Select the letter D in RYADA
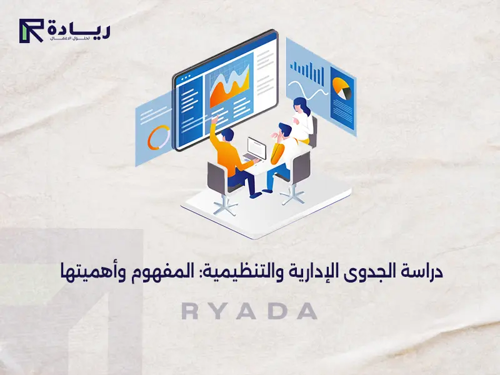click(279, 311)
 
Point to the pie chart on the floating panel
click(341, 88)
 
